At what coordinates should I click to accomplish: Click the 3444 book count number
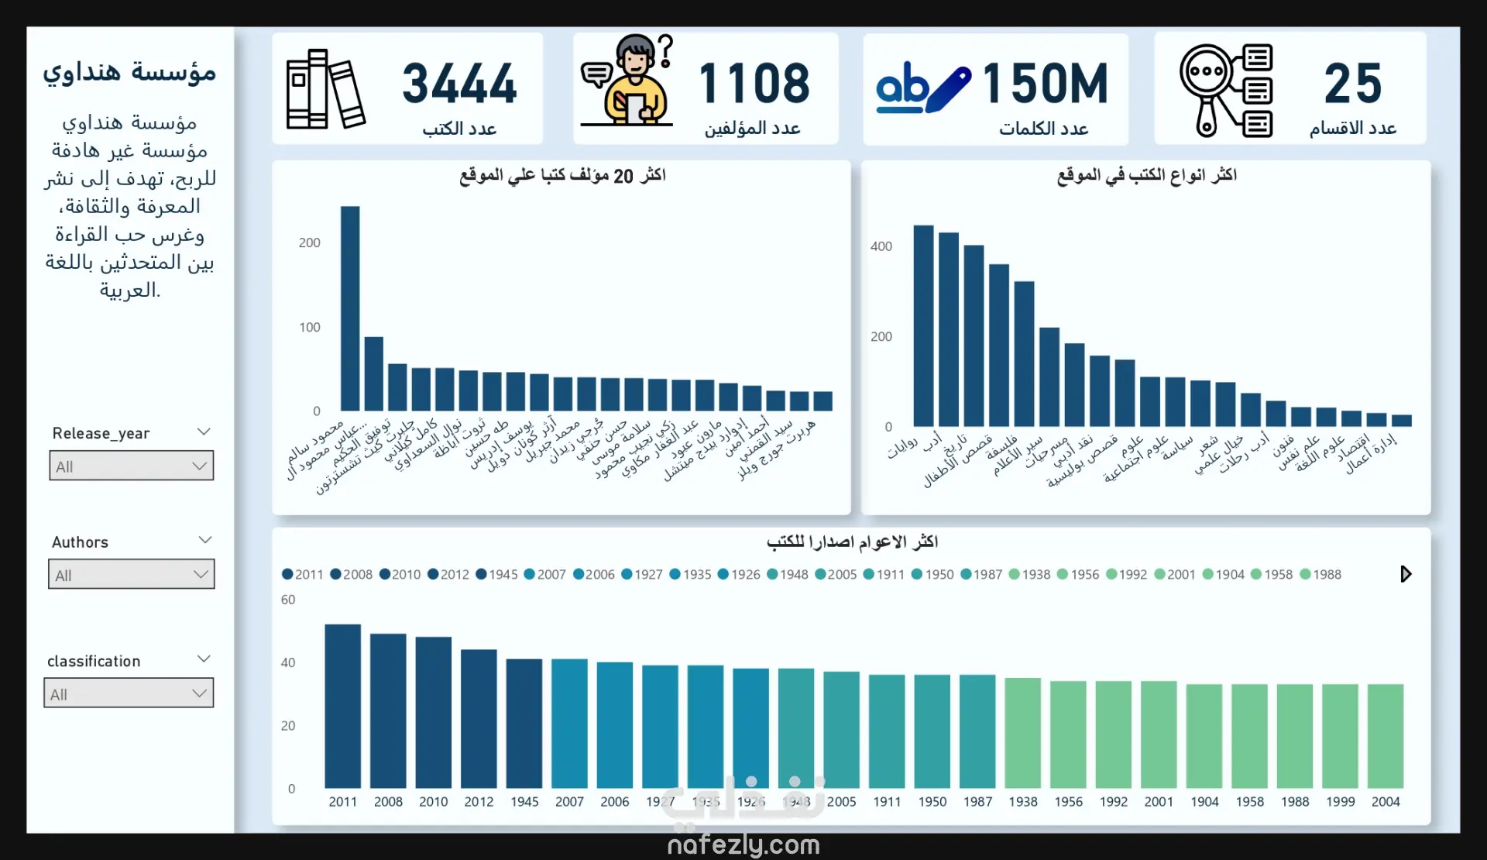(x=459, y=84)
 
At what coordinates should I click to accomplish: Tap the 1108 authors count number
(x=754, y=84)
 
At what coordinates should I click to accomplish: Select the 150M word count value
(x=1045, y=84)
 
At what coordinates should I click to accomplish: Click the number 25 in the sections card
(x=1352, y=84)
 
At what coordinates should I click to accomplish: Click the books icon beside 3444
(x=325, y=90)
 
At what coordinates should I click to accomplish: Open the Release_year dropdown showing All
(x=132, y=466)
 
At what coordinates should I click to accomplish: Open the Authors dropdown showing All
(x=132, y=575)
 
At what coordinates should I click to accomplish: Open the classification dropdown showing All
(x=129, y=694)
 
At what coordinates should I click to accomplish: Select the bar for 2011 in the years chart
(x=342, y=707)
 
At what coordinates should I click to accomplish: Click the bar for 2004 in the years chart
(x=1386, y=736)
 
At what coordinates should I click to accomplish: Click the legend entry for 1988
(x=1320, y=575)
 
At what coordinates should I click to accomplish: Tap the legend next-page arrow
(x=1406, y=574)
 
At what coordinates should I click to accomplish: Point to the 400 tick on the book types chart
(x=881, y=246)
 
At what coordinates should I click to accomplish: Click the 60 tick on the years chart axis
(x=288, y=600)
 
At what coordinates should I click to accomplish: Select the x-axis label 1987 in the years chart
(x=977, y=802)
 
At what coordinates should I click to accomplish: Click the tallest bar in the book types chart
(x=923, y=325)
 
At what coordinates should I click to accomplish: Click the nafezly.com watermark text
(x=743, y=845)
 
